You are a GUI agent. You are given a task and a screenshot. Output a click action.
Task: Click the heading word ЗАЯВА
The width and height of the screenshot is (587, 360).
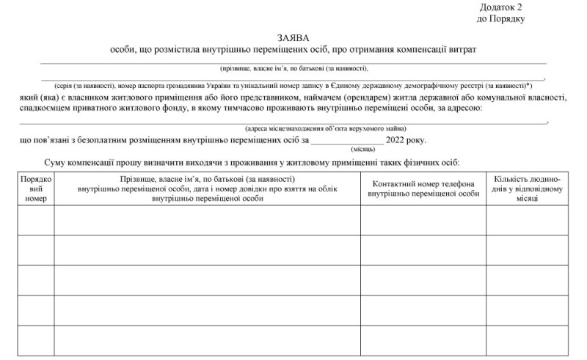[x=293, y=37]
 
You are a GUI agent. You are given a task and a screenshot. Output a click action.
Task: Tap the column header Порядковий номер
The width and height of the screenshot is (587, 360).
[x=35, y=188]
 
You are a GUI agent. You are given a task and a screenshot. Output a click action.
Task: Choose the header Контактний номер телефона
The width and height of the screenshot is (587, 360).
[x=423, y=188]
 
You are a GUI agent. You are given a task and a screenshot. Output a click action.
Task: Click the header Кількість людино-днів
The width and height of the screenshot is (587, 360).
[x=528, y=188]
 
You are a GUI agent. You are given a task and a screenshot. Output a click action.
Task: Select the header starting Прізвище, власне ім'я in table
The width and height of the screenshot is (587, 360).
[x=207, y=188]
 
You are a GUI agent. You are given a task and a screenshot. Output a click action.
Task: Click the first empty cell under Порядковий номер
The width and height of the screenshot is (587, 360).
[x=35, y=219]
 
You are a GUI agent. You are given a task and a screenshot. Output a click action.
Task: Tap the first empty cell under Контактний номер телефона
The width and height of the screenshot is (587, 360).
[x=423, y=219]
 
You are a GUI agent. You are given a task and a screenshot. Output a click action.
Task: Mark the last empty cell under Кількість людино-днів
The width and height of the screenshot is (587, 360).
[x=528, y=339]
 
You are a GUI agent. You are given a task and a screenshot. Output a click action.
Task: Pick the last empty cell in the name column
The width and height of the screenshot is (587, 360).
[x=207, y=339]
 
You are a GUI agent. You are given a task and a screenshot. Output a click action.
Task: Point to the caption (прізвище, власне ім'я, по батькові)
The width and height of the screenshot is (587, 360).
[x=293, y=69]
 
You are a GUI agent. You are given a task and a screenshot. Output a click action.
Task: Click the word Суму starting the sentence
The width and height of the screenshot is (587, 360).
[x=59, y=162]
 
